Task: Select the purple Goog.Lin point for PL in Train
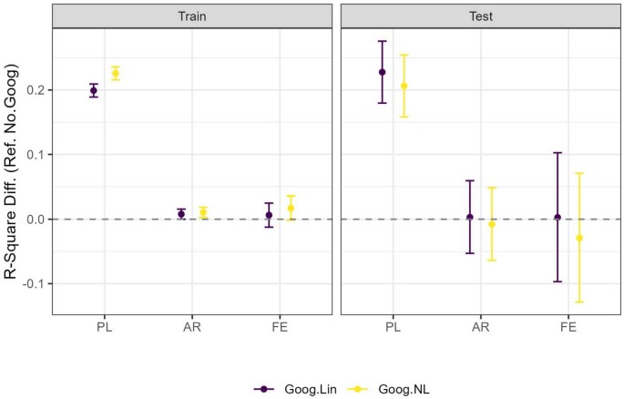(94, 90)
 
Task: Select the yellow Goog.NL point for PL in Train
(115, 73)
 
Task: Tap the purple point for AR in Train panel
(181, 214)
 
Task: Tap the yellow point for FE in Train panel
(291, 208)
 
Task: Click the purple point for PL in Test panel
(383, 72)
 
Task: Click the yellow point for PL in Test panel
(404, 86)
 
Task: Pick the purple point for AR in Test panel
(470, 217)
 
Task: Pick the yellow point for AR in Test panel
(492, 223)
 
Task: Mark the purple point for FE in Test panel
(558, 217)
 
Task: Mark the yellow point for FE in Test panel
(579, 238)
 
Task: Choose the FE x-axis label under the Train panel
(280, 327)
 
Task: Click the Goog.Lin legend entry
(287, 387)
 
